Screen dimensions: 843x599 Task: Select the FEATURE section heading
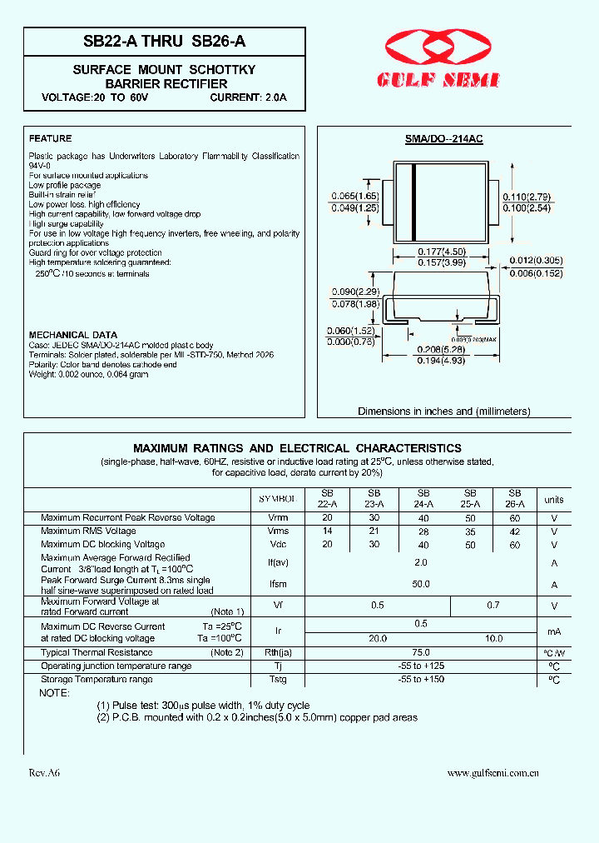(x=50, y=138)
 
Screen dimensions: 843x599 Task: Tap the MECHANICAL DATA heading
(x=73, y=335)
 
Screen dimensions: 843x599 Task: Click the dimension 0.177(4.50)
(x=441, y=252)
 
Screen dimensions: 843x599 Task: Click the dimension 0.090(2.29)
(x=354, y=292)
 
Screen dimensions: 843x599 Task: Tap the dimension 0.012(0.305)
(x=535, y=262)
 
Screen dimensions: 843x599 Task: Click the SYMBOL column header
(x=276, y=498)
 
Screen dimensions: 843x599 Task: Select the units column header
(x=553, y=500)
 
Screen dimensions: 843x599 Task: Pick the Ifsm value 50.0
(x=421, y=584)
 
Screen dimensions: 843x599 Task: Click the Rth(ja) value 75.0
(x=421, y=652)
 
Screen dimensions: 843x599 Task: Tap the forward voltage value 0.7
(x=493, y=606)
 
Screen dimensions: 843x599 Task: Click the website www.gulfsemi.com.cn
(x=493, y=773)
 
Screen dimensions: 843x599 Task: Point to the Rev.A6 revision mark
(x=44, y=773)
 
